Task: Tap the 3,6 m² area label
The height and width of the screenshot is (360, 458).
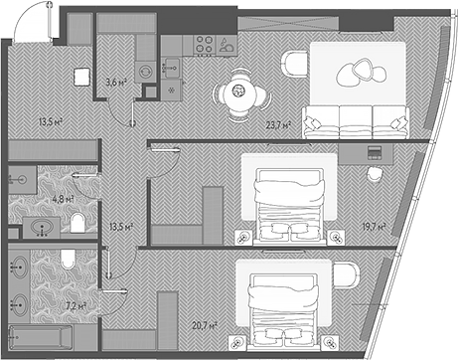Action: click(117, 83)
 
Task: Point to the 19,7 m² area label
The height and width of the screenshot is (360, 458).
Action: click(373, 227)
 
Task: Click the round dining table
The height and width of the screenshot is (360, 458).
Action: click(240, 90)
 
